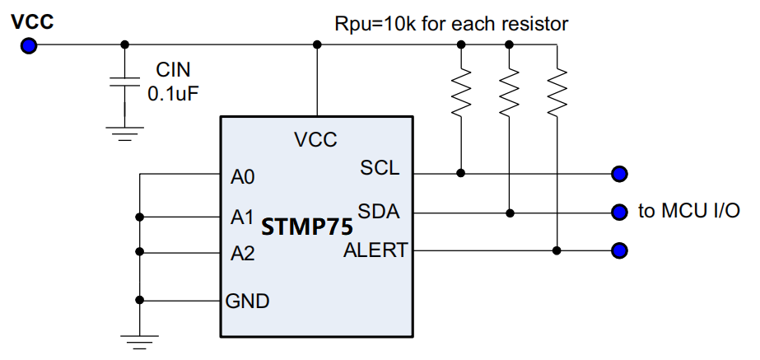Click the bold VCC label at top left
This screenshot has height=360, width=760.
tap(32, 21)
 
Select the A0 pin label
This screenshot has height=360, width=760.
tap(243, 177)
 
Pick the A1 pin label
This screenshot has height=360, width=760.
tap(242, 217)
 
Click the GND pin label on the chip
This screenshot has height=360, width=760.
tap(248, 301)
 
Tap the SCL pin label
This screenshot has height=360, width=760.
tap(380, 167)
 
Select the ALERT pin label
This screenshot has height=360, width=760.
tap(375, 250)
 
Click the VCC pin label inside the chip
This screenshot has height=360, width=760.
tap(315, 140)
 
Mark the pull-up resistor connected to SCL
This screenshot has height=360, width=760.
tap(461, 91)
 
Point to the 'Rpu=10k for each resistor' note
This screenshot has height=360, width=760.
tap(450, 23)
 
